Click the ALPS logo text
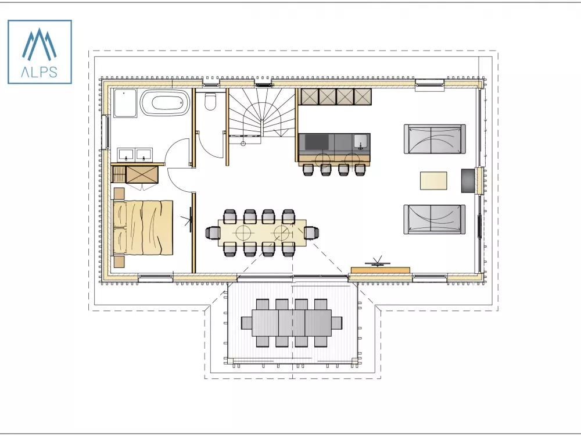40,72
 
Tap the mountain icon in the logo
40,44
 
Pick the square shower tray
125,103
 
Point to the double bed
143,228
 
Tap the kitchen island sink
361,142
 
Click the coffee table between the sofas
433,181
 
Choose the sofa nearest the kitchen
435,139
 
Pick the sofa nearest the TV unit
435,219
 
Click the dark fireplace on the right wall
468,181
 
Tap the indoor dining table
263,233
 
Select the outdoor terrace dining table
292,323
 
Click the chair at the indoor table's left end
212,233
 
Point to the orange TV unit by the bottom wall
381,270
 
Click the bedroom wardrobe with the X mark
142,174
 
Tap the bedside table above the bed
119,194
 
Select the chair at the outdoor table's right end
336,323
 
